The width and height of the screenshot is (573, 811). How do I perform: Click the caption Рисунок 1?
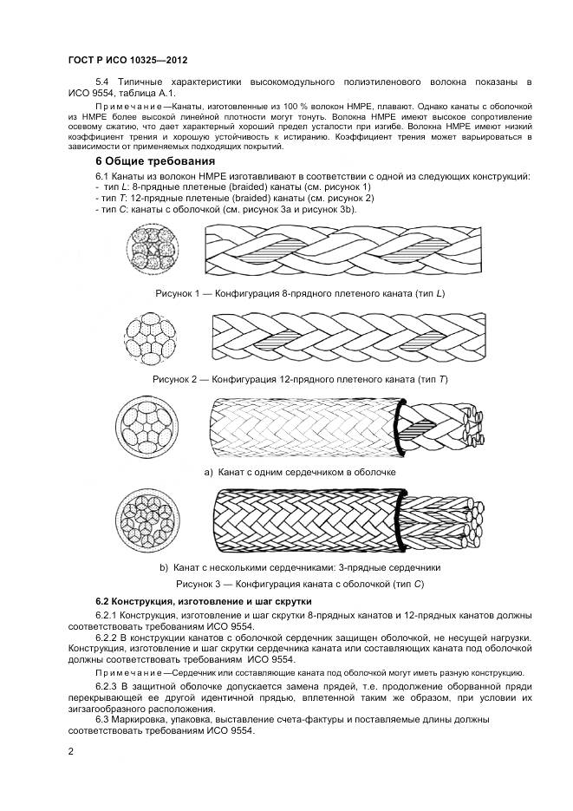pyautogui.click(x=300, y=294)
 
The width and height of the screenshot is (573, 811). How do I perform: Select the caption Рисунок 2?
pyautogui.click(x=300, y=380)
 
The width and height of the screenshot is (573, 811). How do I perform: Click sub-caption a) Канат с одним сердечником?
pyautogui.click(x=300, y=472)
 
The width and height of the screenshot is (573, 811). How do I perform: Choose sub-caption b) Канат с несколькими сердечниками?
pyautogui.click(x=300, y=567)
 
